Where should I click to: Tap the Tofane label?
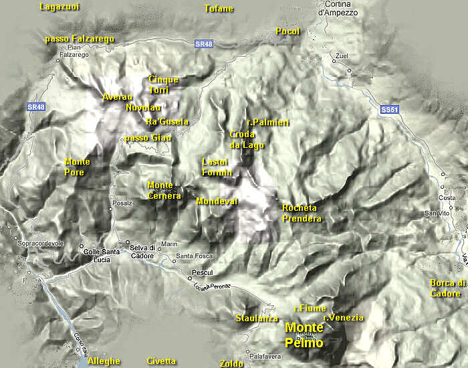[219, 9]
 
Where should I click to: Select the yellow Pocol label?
[287, 31]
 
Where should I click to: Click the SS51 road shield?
[388, 108]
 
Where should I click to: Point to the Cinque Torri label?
[164, 84]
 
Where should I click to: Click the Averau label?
[114, 97]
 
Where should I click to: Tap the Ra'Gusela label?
[167, 122]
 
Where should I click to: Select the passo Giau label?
[148, 138]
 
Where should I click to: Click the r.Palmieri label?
[267, 122]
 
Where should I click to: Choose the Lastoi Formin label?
[217, 167]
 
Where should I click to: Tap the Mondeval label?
[217, 201]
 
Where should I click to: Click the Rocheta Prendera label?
[302, 213]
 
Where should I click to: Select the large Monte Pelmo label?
[304, 335]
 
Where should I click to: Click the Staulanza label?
[257, 318]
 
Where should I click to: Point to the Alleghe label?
[104, 361]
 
